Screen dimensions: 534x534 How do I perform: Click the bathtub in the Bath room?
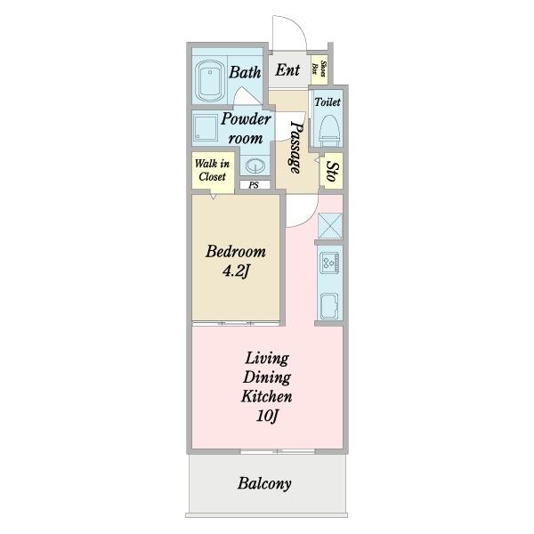click(x=210, y=81)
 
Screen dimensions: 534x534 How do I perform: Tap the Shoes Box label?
click(x=320, y=69)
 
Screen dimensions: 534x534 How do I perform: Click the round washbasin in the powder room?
click(x=255, y=166)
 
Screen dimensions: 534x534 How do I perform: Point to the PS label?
click(x=254, y=185)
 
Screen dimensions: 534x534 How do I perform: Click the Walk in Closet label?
click(x=212, y=170)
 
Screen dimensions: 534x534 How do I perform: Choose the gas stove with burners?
click(x=329, y=263)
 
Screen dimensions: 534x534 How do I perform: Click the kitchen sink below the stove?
click(x=329, y=305)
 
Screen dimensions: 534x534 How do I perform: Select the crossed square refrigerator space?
click(x=329, y=225)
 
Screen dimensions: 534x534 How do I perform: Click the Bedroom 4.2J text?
click(x=236, y=261)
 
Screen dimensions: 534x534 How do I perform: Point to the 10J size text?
click(x=267, y=416)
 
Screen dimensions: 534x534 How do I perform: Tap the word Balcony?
click(x=264, y=483)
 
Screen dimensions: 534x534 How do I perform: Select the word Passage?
click(x=295, y=148)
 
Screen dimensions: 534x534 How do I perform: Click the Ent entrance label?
click(x=287, y=70)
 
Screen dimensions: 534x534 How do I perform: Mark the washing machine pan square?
click(x=206, y=128)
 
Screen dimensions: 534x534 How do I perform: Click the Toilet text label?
click(x=328, y=101)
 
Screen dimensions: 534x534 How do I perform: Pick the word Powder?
click(x=246, y=119)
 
